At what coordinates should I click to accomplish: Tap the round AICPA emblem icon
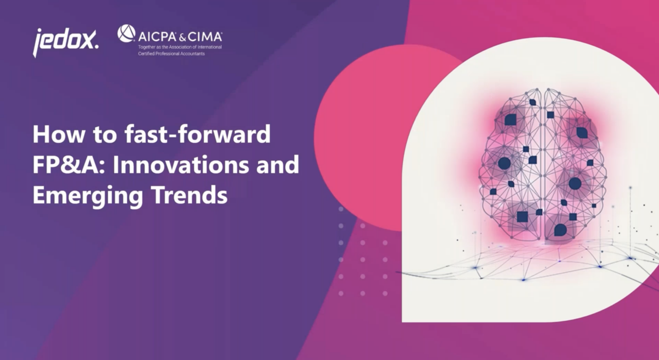126,34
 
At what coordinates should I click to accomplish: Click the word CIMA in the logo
205,37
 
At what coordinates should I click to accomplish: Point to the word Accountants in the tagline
191,54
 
